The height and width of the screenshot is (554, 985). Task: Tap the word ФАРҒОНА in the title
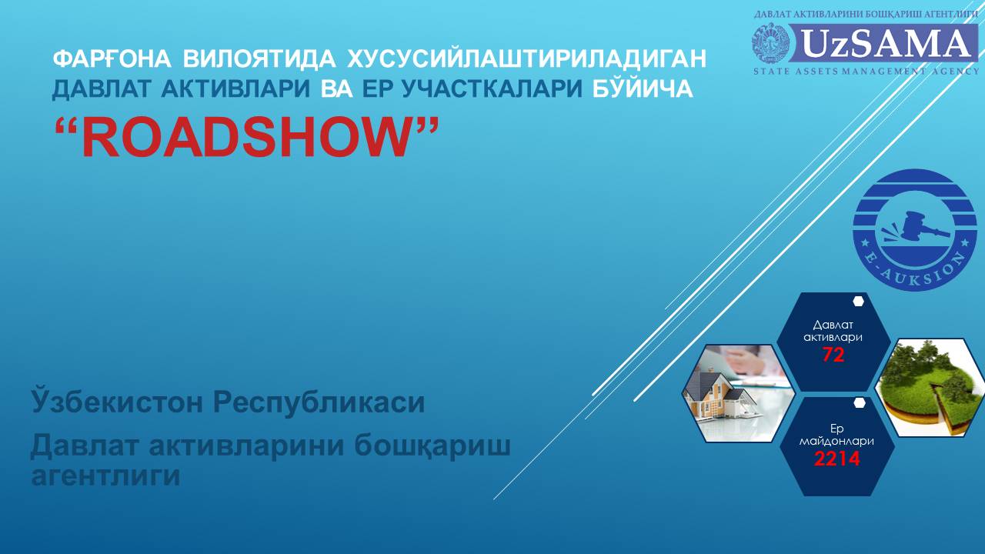[x=112, y=58]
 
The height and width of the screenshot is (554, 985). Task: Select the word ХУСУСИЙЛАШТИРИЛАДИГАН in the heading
[x=527, y=58]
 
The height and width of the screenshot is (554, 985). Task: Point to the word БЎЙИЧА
[x=643, y=88]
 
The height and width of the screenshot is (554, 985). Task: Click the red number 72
[x=833, y=355]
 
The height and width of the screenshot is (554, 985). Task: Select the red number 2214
[x=836, y=459]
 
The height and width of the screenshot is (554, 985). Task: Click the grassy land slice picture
[x=931, y=388]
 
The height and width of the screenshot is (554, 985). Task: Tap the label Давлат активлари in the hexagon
[x=833, y=331]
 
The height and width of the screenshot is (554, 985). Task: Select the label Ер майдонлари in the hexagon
[x=836, y=435]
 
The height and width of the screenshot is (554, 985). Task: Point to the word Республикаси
[x=319, y=402]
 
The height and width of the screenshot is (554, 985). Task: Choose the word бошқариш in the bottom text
[x=432, y=446]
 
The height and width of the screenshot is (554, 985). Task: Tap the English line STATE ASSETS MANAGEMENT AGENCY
[x=866, y=72]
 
